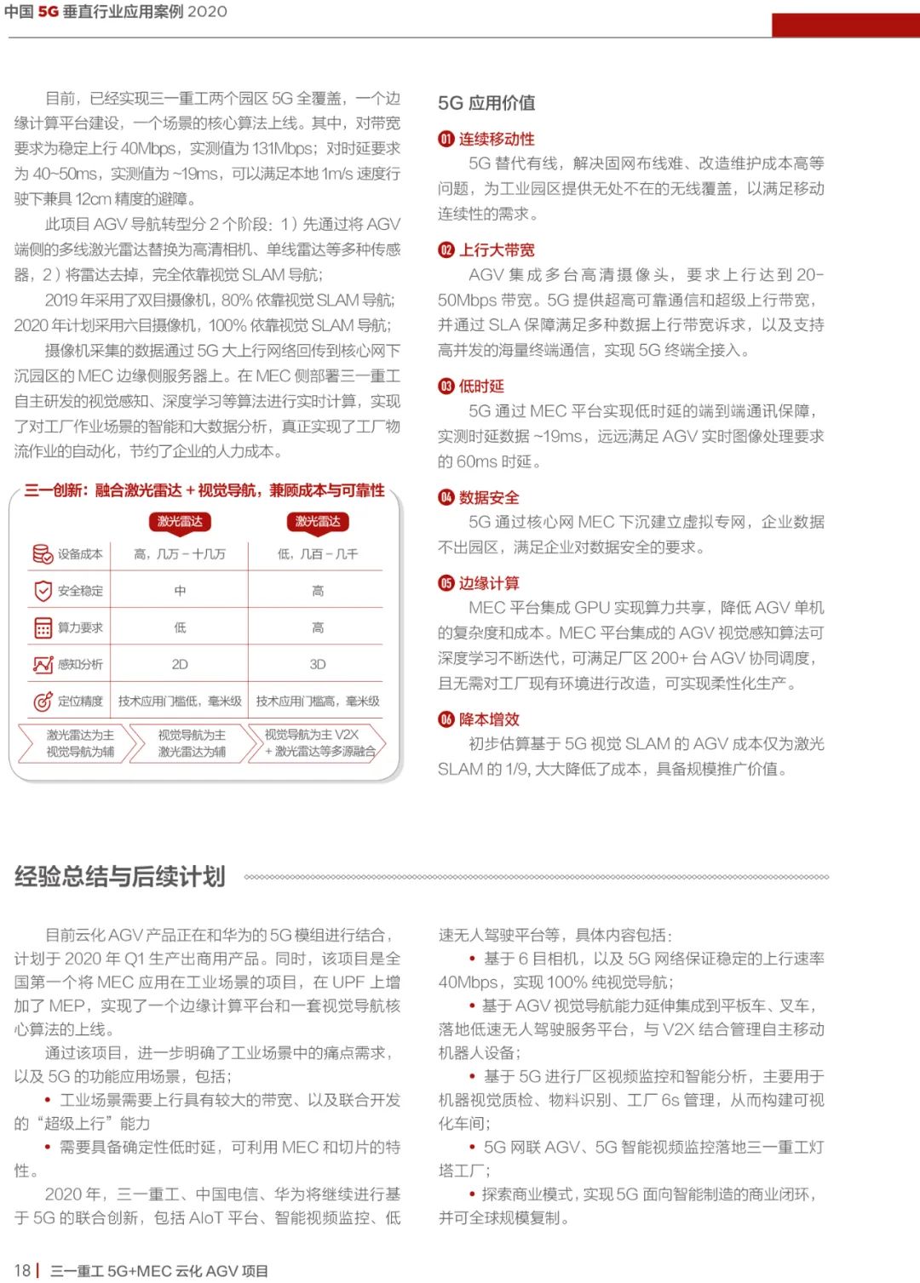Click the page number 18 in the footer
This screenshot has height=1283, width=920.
click(x=22, y=1270)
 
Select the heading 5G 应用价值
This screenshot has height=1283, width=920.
click(x=486, y=103)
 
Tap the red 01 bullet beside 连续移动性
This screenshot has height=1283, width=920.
click(x=446, y=140)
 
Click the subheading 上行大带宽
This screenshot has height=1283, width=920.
click(x=497, y=250)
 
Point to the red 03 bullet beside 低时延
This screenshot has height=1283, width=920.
click(x=446, y=387)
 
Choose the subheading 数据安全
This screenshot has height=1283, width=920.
click(x=489, y=498)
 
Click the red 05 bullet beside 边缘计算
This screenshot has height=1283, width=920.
click(x=446, y=583)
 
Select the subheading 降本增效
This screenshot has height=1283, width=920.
click(x=489, y=719)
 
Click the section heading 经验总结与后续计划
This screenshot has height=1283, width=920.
click(x=120, y=877)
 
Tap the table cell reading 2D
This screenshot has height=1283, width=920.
click(x=180, y=664)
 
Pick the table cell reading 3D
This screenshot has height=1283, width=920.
click(x=318, y=664)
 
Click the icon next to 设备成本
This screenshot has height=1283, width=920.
click(x=43, y=554)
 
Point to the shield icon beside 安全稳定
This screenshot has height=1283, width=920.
click(x=43, y=591)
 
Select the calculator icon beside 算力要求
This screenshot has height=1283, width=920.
click(x=43, y=628)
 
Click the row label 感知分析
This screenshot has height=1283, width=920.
click(x=80, y=664)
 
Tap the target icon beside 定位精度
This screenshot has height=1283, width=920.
click(x=43, y=702)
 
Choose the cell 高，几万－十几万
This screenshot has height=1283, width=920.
click(x=180, y=554)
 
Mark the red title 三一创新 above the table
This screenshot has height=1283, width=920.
click(x=204, y=490)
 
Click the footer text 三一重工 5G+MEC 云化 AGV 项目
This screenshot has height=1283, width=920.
click(x=159, y=1270)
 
